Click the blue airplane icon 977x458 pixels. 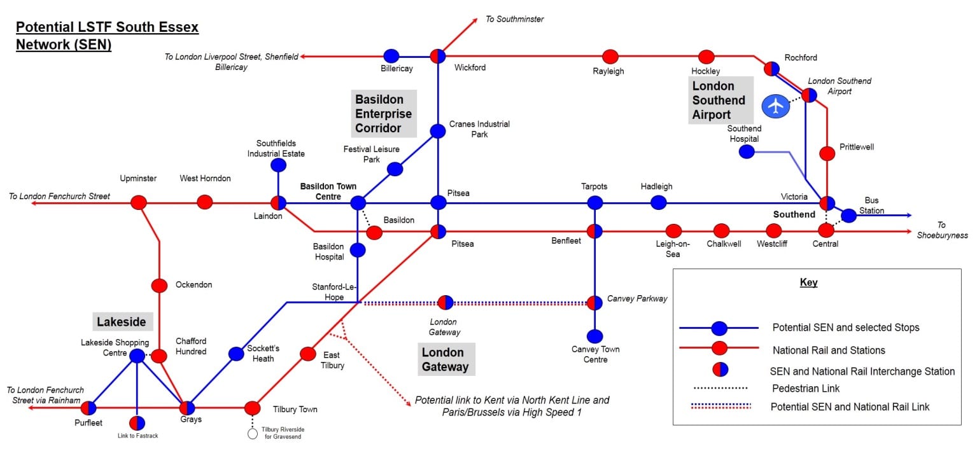(775, 106)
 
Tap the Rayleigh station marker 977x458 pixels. (610, 56)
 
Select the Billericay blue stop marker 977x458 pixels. (391, 56)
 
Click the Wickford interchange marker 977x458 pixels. (438, 56)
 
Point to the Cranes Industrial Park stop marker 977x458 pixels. (438, 131)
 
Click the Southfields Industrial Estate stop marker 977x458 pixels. (278, 165)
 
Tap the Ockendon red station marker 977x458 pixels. (159, 286)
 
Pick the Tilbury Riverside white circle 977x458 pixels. (253, 434)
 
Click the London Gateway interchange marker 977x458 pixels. (446, 302)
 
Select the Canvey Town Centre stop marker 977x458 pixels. (594, 336)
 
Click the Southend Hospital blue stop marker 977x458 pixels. (747, 151)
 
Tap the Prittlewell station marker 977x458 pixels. (827, 153)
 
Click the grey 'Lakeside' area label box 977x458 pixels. (123, 322)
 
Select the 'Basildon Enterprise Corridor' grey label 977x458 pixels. (384, 114)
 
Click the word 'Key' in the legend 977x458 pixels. (808, 282)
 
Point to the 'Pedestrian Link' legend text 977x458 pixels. (806, 388)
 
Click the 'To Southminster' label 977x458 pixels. (515, 19)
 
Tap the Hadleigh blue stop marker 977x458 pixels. (659, 202)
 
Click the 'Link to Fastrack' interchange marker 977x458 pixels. (137, 423)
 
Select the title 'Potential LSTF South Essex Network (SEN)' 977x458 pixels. (108, 36)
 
